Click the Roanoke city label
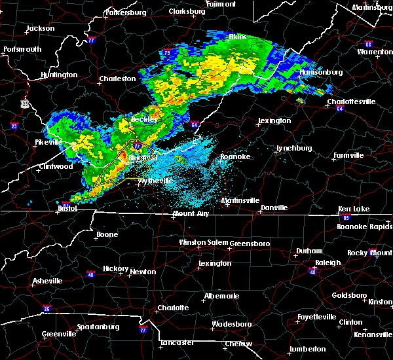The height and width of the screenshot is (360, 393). [x=234, y=156]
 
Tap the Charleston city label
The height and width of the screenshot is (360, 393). [x=117, y=79]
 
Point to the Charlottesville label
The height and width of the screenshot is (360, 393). [x=352, y=101]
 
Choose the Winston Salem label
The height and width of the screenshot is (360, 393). [x=202, y=242]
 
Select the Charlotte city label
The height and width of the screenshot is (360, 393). [x=173, y=308]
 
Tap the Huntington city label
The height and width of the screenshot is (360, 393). [x=58, y=75]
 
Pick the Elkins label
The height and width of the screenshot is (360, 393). [x=237, y=37]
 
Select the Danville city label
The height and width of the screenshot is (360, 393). [x=274, y=207]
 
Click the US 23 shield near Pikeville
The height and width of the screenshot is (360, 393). [x=25, y=103]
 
